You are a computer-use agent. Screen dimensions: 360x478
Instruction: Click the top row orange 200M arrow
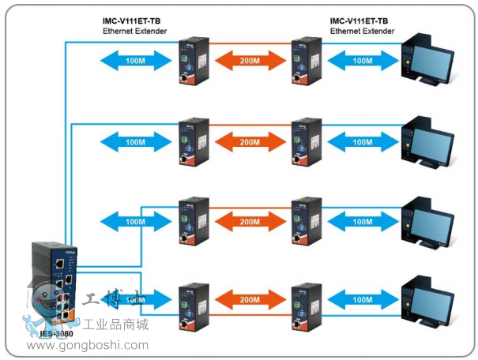[x=250, y=60]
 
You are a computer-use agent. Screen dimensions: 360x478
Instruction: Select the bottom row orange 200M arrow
[x=250, y=300]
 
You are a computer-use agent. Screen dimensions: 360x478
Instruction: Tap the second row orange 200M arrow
[x=250, y=141]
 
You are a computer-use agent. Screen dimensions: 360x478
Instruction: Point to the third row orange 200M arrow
[x=250, y=221]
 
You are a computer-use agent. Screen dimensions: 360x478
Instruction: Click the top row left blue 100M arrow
[x=136, y=60]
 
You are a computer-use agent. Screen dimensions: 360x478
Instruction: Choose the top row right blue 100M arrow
[x=363, y=60]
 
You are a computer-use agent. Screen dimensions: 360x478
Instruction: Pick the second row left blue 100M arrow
[x=136, y=141]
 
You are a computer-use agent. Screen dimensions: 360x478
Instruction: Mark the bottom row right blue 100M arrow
[x=363, y=300]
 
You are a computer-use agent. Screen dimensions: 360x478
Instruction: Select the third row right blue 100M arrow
[x=363, y=221]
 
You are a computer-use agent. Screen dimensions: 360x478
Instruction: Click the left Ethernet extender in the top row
[x=192, y=60]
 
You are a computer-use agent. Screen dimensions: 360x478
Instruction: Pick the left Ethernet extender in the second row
[x=192, y=141]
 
